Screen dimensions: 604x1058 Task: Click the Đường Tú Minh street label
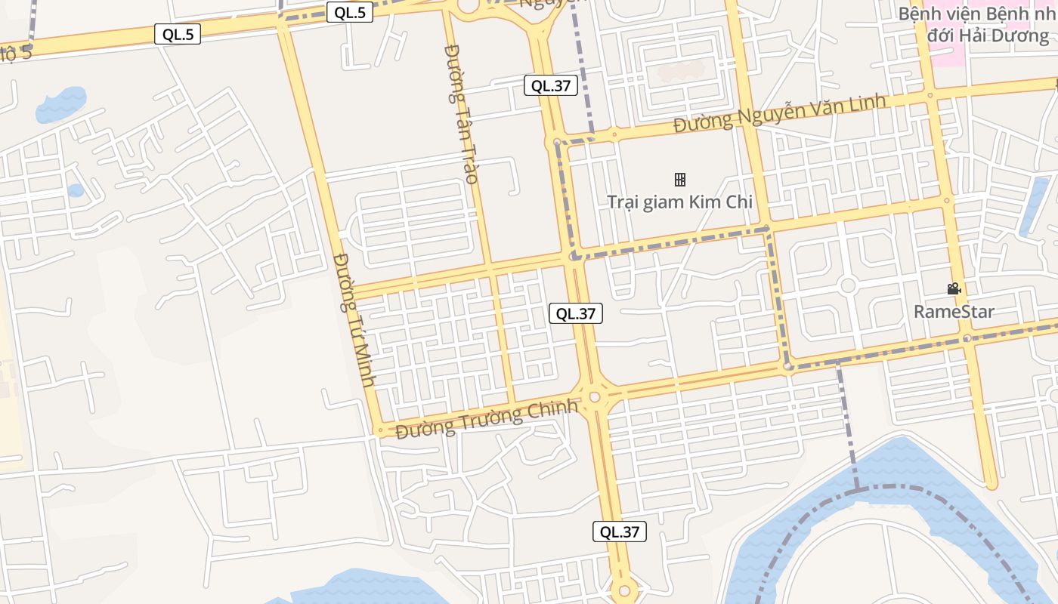click(x=353, y=320)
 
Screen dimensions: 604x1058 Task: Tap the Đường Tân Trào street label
click(x=461, y=113)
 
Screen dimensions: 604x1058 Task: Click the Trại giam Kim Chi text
click(x=679, y=202)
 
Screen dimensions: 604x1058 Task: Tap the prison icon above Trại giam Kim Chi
click(x=679, y=179)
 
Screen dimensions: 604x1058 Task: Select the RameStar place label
click(x=954, y=312)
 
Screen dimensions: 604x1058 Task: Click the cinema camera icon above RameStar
click(x=954, y=288)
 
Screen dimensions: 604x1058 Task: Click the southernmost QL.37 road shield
click(x=620, y=532)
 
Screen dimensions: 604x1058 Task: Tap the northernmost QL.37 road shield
click(x=551, y=85)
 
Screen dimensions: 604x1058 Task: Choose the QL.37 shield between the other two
click(x=576, y=313)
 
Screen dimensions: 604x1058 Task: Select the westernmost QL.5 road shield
click(x=178, y=33)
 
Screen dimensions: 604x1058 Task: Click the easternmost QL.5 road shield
click(x=350, y=12)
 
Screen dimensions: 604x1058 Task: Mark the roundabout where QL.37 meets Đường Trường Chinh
click(x=595, y=396)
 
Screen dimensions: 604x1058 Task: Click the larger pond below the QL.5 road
click(x=62, y=104)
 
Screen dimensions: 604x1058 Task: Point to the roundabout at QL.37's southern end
click(x=624, y=591)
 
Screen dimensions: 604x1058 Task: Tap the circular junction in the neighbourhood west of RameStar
click(x=847, y=285)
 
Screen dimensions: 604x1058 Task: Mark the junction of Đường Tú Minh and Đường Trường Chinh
click(x=379, y=431)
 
